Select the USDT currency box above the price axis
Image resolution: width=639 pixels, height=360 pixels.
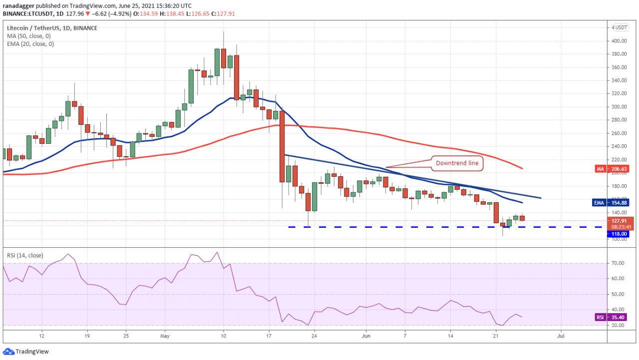622,27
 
